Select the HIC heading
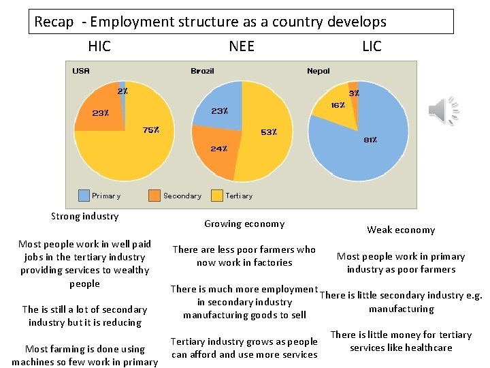pos(99,46)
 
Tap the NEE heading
pos(242,46)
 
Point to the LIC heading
pos(372,46)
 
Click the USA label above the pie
pos(81,71)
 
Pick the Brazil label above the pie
pos(202,71)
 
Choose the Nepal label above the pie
pos(318,71)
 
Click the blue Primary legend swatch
pos(84,196)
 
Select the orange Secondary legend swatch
pos(154,196)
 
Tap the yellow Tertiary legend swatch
pos(217,196)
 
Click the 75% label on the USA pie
pos(151,130)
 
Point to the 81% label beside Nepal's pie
pos(370,140)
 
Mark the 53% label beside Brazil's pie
pos(269,132)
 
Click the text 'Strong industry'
pos(85,216)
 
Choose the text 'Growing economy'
pos(244,224)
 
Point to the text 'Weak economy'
pos(401,230)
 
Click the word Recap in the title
pos(54,22)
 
